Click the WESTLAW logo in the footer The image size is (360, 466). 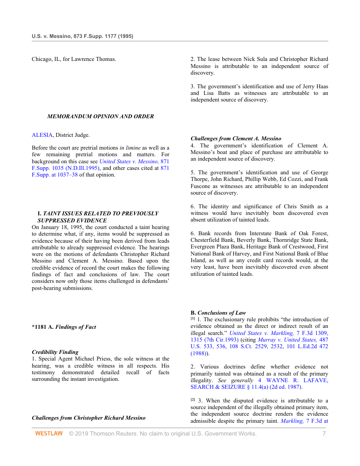[x=49, y=434]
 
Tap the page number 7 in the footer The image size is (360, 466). [x=324, y=434]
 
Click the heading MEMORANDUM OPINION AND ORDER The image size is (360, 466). [x=101, y=116]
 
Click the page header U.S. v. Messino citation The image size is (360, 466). [x=82, y=36]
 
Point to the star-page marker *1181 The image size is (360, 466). [x=39, y=327]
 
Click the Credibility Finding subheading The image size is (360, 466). [x=55, y=352]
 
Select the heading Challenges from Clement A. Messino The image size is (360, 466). [x=236, y=139]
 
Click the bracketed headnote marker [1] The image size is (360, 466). [x=192, y=318]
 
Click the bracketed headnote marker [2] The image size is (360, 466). [x=192, y=399]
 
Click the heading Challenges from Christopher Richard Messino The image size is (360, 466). [x=89, y=417]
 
